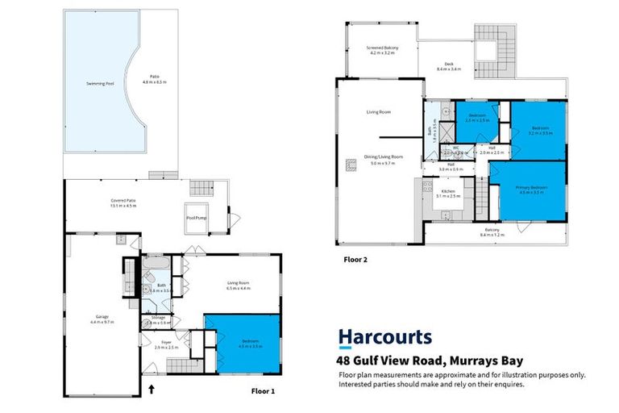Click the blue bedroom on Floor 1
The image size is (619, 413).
[x=243, y=343]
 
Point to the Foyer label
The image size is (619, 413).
[x=166, y=344]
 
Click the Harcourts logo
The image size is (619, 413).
[x=384, y=337]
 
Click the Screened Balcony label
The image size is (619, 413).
[x=380, y=49]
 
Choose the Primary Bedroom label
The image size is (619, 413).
[x=532, y=189]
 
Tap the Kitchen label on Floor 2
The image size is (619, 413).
[x=448, y=191]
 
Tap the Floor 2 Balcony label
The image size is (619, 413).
[x=492, y=231]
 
